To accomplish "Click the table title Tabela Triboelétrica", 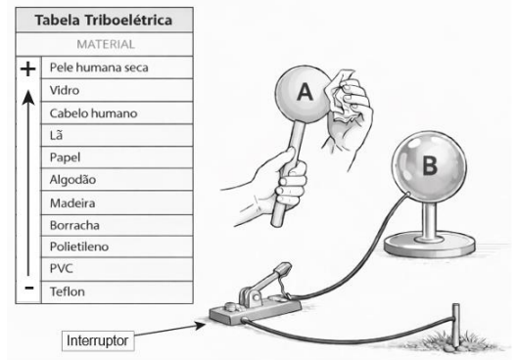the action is [104, 21].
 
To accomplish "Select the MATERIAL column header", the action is [106, 44].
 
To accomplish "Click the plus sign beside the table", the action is [28, 68].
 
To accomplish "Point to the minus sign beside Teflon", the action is [29, 288].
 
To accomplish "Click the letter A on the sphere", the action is [305, 92].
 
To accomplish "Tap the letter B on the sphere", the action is [430, 164].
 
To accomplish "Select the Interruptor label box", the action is [98, 340].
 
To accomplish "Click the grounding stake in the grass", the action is [456, 325].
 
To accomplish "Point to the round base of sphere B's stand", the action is [430, 245].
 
